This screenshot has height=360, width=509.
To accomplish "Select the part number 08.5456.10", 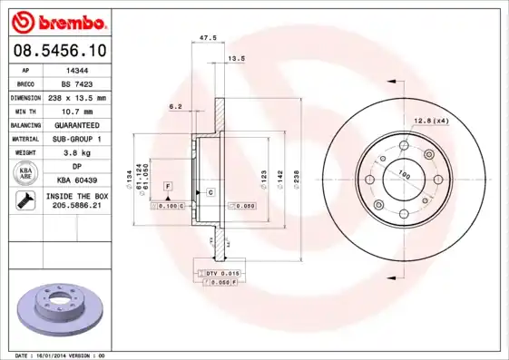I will [x=57, y=51].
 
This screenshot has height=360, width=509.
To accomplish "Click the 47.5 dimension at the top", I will [x=206, y=38].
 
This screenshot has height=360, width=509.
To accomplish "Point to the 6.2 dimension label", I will [x=175, y=107].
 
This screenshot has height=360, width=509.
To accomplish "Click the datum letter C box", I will [x=210, y=193].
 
